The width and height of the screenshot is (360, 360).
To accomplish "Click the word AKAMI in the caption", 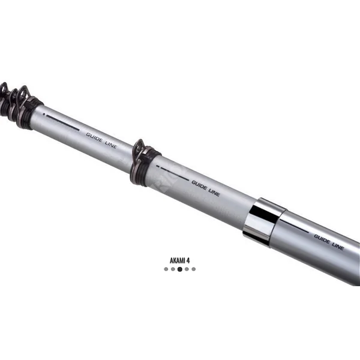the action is click(178, 260).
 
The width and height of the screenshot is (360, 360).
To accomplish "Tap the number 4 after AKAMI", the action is click(188, 260).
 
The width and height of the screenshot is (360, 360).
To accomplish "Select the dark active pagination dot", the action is click(180, 269).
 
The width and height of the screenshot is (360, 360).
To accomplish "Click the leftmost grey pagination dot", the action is click(166, 269).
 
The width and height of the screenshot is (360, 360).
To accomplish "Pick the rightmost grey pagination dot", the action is click(194, 269).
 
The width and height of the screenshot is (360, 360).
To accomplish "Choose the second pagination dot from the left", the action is click(173, 269).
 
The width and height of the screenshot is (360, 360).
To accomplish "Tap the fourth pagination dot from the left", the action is click(187, 269).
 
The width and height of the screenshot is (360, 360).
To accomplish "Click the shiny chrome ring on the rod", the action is click(264, 221).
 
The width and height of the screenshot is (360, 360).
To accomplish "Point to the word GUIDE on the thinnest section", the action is click(94, 137).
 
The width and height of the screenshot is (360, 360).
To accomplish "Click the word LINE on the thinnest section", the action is click(111, 145).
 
